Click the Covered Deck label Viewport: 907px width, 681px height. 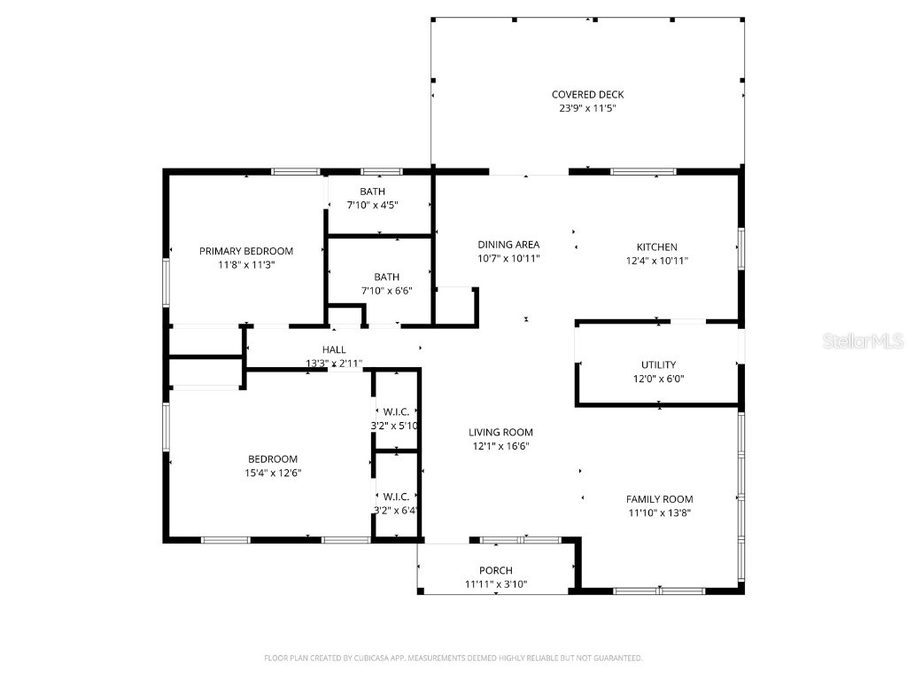pos(587,95)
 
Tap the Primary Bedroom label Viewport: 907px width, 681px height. pos(245,251)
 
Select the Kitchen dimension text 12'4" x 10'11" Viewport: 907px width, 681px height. pos(656,261)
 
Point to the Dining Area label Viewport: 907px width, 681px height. pos(508,245)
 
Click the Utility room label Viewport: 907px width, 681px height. pos(658,364)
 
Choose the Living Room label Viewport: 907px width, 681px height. pos(500,433)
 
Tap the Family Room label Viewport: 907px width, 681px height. pos(659,499)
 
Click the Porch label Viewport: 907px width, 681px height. pos(496,570)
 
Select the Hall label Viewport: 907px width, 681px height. pos(334,350)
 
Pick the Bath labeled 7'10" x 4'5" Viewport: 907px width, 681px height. pos(372,192)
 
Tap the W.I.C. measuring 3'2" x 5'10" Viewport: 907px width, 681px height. pos(395,412)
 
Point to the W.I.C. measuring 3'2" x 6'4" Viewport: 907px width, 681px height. pos(395,497)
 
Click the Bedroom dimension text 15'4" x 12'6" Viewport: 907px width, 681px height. pos(272,473)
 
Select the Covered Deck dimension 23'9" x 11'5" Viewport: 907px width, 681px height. pos(587,108)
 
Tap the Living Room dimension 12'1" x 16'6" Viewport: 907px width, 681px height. pos(500,446)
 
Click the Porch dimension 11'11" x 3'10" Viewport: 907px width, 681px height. pos(496,583)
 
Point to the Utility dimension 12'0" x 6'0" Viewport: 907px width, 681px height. pos(658,379)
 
